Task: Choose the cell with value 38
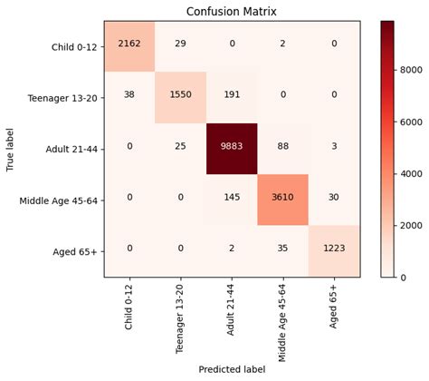tap(130, 96)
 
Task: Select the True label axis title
tap(11, 148)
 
